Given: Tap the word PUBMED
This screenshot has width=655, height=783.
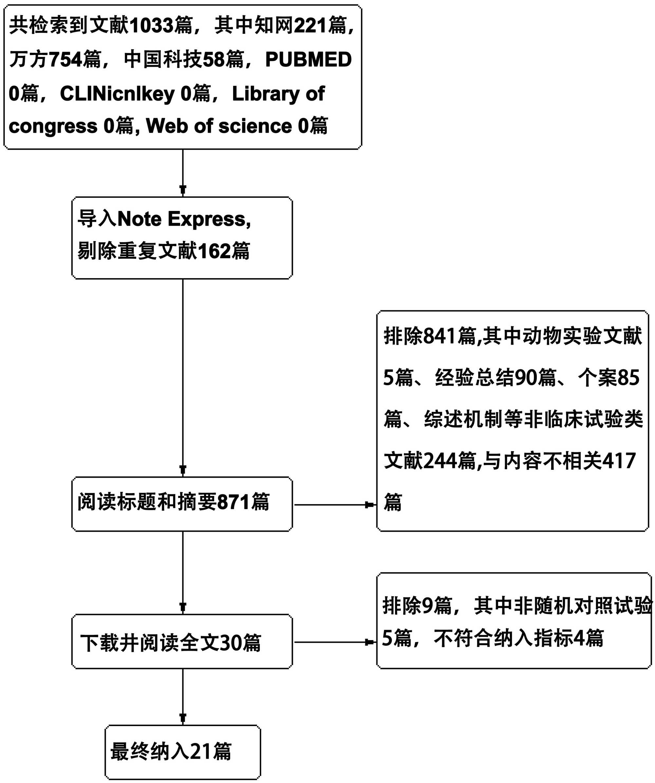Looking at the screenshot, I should pos(308,60).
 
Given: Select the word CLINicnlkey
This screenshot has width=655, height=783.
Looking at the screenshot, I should pos(117,94).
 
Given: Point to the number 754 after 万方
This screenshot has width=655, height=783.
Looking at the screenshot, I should pos(65,60).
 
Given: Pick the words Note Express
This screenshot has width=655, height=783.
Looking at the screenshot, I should pos(184,219).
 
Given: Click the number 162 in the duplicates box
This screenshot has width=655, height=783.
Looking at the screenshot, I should pos(214,251).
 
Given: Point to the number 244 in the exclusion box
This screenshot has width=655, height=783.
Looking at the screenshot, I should pos(440,461).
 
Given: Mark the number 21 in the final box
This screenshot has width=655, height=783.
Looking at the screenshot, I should pos(201,751).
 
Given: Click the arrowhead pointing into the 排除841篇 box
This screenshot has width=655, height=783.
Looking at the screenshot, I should pos(370,505).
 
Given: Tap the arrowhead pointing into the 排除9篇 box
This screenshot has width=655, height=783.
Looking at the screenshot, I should pos(370,642).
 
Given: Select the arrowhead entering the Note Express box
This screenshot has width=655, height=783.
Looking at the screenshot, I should pos(183,189).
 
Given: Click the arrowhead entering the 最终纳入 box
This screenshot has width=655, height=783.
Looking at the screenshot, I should pos(183,718).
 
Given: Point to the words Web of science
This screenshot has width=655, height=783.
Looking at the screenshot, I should pos(219,126).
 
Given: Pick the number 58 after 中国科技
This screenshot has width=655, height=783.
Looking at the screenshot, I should pos(214,60).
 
